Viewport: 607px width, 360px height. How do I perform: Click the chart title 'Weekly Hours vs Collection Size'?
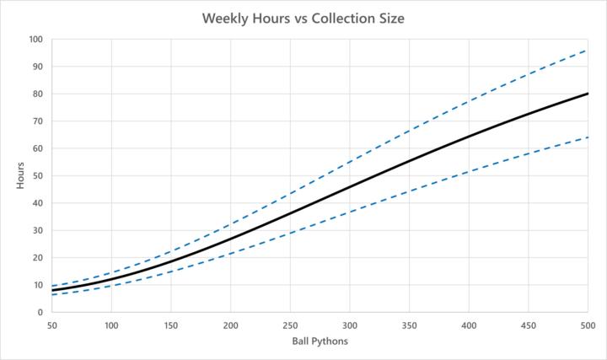pyautogui.click(x=303, y=18)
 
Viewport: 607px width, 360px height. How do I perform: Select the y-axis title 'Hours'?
pyautogui.click(x=20, y=175)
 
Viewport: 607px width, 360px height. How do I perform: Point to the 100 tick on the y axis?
pyautogui.click(x=35, y=39)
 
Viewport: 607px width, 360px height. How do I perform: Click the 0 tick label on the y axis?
pyautogui.click(x=40, y=312)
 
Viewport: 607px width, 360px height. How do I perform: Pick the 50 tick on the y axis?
pyautogui.click(x=37, y=175)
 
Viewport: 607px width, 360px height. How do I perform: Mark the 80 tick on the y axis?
pyautogui.click(x=37, y=94)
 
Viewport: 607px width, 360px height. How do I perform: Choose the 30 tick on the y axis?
pyautogui.click(x=37, y=230)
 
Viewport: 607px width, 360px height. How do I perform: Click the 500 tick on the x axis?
pyautogui.click(x=588, y=325)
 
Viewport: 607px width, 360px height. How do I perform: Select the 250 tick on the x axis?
pyautogui.click(x=290, y=325)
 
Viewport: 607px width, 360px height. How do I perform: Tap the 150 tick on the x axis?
pyautogui.click(x=171, y=325)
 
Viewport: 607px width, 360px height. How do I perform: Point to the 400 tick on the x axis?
pyautogui.click(x=469, y=325)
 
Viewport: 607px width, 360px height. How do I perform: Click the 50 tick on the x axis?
pyautogui.click(x=52, y=325)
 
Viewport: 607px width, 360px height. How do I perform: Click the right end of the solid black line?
pyautogui.click(x=588, y=94)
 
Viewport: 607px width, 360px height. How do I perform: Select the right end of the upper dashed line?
pyautogui.click(x=588, y=50)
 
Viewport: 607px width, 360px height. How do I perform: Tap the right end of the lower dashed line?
pyautogui.click(x=588, y=137)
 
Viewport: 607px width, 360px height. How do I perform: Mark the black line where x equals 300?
pyautogui.click(x=350, y=186)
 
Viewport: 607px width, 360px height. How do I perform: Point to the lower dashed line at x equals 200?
pyautogui.click(x=231, y=253)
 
